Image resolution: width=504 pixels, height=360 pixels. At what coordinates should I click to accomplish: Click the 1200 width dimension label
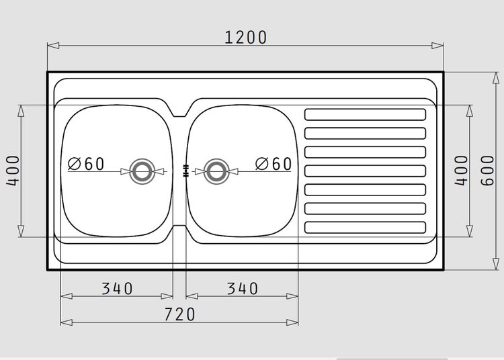[245, 37]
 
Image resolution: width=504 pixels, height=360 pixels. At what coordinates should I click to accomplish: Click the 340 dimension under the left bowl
[117, 288]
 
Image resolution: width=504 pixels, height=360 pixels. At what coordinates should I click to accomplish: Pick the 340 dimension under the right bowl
[242, 288]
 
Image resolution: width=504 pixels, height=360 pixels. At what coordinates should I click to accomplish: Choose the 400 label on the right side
[461, 171]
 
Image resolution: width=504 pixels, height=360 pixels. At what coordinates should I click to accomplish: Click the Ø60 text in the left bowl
[87, 164]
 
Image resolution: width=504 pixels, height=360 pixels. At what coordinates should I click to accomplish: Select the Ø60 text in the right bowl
[273, 164]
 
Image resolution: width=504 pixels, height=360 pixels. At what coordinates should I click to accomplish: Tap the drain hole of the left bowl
[142, 171]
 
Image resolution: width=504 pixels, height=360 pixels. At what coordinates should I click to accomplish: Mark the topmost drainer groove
[366, 114]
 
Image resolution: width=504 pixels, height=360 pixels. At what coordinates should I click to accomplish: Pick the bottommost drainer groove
[366, 227]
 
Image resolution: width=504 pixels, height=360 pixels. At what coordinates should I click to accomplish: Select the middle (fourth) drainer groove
[366, 171]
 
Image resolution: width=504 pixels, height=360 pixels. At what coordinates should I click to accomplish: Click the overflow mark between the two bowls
[185, 171]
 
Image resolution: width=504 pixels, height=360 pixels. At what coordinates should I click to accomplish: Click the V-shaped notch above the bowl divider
[179, 109]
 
